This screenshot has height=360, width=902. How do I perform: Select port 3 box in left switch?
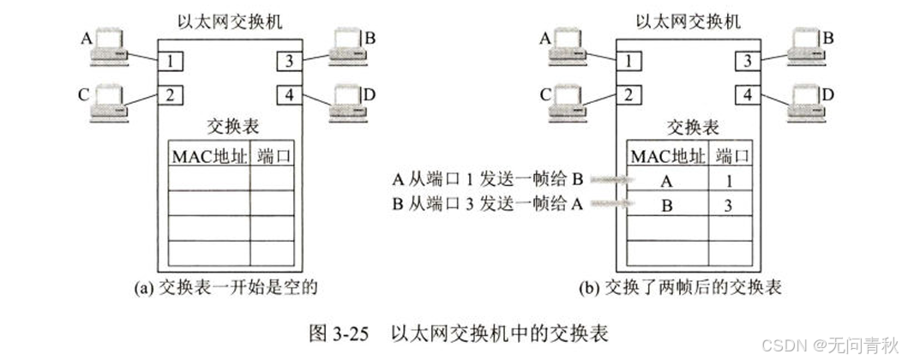(290, 62)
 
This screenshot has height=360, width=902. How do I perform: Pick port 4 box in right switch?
(749, 93)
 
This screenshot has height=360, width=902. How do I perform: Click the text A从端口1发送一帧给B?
(488, 179)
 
